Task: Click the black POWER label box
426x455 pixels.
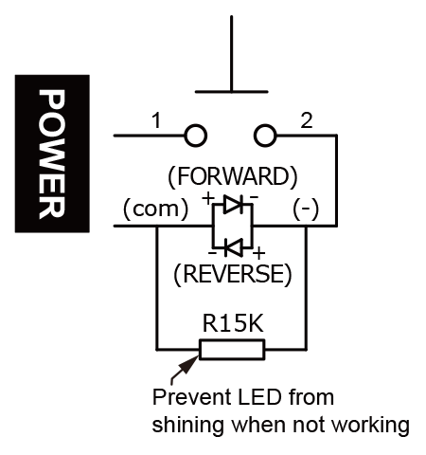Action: (52, 154)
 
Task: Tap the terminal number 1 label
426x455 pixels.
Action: (156, 120)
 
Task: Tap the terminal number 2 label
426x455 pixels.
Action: (307, 120)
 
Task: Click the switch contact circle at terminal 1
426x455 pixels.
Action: (195, 136)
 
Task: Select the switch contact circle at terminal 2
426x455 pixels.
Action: (265, 136)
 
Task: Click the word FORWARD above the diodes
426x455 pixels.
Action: (233, 176)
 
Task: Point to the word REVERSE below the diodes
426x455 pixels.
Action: (233, 274)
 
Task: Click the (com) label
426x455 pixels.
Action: (156, 209)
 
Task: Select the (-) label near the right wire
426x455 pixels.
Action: (306, 209)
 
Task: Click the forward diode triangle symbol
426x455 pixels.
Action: (233, 204)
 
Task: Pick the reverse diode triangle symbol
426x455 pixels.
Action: (234, 246)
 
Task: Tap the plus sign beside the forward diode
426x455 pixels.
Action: (208, 199)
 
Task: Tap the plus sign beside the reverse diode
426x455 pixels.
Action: (258, 253)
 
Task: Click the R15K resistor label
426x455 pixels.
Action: (233, 323)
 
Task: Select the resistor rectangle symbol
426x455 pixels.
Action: (232, 350)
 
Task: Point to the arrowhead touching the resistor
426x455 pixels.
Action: (190, 363)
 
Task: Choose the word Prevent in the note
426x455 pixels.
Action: (191, 397)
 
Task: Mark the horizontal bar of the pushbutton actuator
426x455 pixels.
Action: (231, 92)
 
